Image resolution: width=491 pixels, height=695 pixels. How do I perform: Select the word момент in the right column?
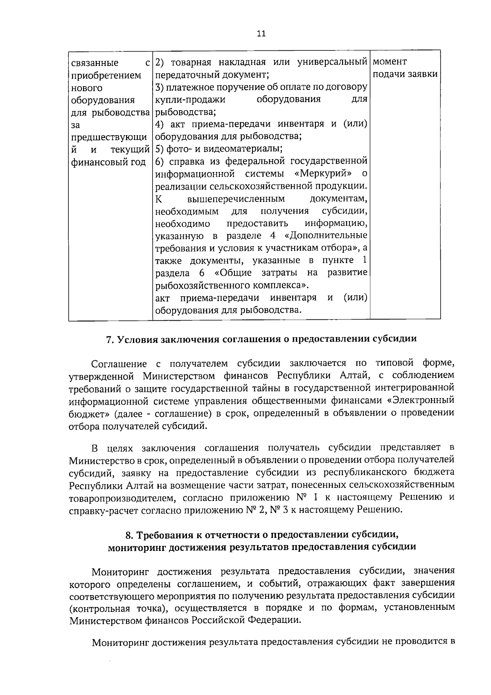(x=390, y=62)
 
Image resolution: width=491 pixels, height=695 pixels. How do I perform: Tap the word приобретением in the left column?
(x=106, y=75)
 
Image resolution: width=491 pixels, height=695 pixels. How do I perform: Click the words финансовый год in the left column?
(x=108, y=163)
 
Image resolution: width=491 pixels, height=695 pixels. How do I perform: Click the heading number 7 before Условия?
(x=109, y=340)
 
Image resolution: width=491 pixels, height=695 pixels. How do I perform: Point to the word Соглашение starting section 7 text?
(x=119, y=363)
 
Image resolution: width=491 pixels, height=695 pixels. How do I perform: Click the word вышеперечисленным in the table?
(x=236, y=199)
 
